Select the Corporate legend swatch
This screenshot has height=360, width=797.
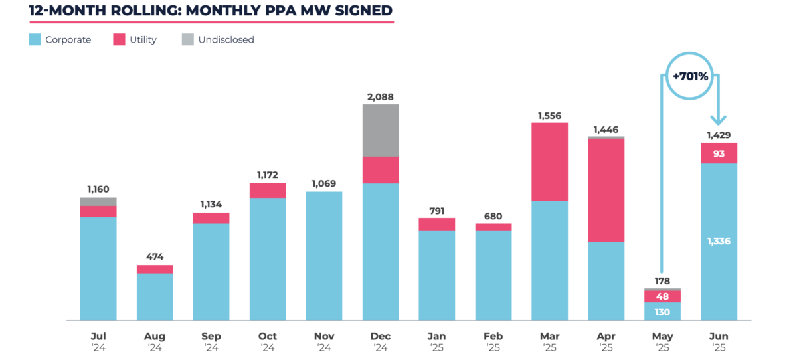pos(36,40)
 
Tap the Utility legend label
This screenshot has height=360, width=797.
pos(143,40)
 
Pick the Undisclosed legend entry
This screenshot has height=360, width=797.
pos(226,40)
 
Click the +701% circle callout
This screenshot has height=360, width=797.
pos(691,76)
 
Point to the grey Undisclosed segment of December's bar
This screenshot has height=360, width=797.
pos(381,130)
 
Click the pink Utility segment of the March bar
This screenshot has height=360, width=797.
pos(549,161)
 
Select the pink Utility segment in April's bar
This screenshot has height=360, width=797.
pos(606,190)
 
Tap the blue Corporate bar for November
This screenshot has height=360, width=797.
pos(324,256)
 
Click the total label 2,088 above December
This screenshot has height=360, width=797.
pos(381,97)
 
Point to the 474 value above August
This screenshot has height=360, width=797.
pos(155,257)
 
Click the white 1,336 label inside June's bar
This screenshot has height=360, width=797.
pos(719,241)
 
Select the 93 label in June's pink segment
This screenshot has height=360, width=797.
pos(719,154)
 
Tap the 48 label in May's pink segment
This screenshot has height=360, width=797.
pos(662,296)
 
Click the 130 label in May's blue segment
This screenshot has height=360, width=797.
pos(662,312)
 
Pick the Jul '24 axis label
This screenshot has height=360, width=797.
pos(98,341)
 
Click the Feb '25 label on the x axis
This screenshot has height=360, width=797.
pos(493,341)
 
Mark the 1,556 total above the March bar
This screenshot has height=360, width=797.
pos(549,116)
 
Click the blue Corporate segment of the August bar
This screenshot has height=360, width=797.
pos(155,296)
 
